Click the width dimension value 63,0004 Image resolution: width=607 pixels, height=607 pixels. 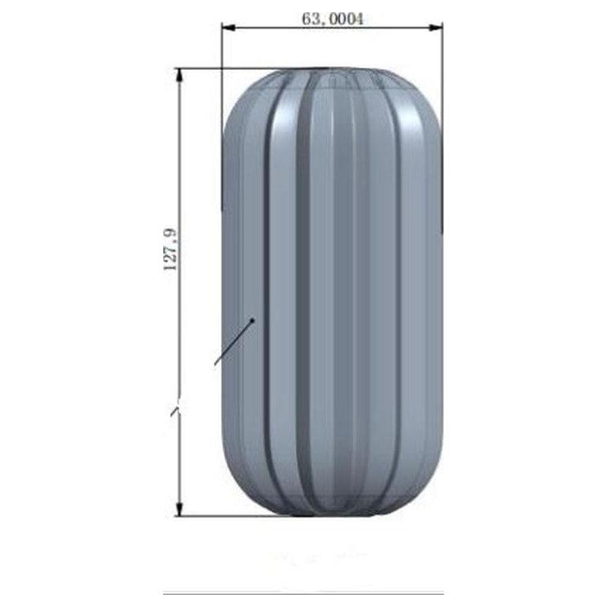coord(332,19)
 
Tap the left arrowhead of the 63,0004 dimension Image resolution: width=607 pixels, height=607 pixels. coord(226,28)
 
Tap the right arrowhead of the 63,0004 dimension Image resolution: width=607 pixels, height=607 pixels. coord(438,28)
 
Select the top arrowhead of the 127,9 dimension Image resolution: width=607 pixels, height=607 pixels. coord(180,74)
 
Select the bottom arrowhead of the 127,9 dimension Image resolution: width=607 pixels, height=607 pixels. coord(180,511)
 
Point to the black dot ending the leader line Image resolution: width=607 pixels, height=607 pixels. coord(253,319)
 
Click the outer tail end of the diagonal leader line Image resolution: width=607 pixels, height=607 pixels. coord(215,365)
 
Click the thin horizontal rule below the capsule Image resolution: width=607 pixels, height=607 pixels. coord(303,593)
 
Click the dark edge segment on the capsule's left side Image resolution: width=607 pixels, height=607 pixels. coord(222,175)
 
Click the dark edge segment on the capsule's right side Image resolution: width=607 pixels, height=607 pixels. coord(442,190)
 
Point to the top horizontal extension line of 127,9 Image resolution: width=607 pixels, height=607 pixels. coord(228,68)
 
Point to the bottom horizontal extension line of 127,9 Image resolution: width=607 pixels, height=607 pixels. coord(228,516)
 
